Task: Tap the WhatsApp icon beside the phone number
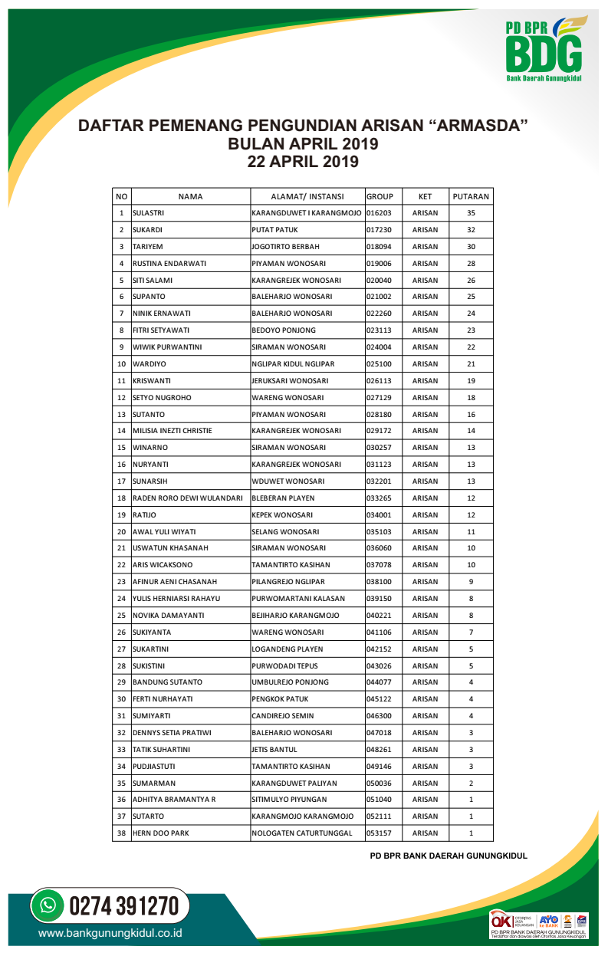(x=48, y=905)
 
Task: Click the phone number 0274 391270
(x=124, y=906)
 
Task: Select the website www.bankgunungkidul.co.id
(x=110, y=934)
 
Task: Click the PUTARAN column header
(x=471, y=196)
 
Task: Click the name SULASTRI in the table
(x=149, y=213)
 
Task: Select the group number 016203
(x=380, y=213)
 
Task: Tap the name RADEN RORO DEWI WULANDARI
(x=187, y=498)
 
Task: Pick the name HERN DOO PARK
(x=160, y=833)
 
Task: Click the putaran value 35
(x=471, y=213)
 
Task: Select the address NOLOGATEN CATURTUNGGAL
(x=302, y=833)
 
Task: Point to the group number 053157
(x=380, y=833)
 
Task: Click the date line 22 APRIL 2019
(x=304, y=162)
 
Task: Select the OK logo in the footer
(x=502, y=920)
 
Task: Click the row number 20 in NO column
(x=121, y=532)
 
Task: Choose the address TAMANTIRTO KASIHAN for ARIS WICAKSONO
(x=291, y=565)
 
